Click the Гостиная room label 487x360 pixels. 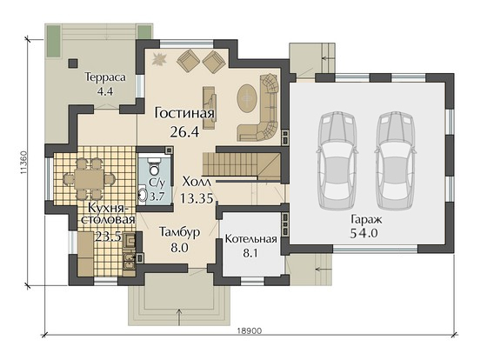(x=184, y=113)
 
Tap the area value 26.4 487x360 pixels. (x=184, y=132)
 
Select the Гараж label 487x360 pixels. (x=366, y=220)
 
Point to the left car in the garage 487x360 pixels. (x=337, y=161)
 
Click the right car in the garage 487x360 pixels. (x=395, y=161)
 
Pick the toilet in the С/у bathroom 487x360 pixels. (x=153, y=166)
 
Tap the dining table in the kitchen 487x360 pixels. (x=88, y=178)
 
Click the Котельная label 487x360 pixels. (x=251, y=239)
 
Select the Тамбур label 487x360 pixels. (x=179, y=232)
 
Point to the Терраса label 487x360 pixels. (x=106, y=77)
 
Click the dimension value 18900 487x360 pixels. (x=250, y=330)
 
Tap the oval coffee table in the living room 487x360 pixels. (x=247, y=98)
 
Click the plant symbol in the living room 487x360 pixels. (x=160, y=59)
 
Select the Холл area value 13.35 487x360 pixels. (x=197, y=198)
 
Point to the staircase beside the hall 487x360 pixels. (x=243, y=164)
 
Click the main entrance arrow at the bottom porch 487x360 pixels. (x=179, y=317)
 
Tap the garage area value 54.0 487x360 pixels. (x=364, y=233)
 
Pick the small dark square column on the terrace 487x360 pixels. (x=73, y=63)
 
